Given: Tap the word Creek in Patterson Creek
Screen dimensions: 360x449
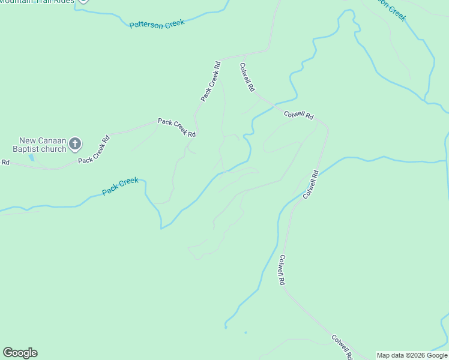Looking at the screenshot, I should pyautogui.click(x=174, y=22).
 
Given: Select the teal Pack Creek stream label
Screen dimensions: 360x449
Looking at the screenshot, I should pyautogui.click(x=120, y=186).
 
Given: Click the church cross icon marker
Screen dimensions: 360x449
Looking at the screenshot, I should pyautogui.click(x=75, y=143).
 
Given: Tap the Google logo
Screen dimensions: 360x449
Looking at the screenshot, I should pyautogui.click(x=20, y=353).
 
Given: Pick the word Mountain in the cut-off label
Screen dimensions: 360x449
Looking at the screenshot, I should pyautogui.click(x=18, y=1).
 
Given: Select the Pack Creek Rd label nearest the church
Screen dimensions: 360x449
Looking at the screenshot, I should pyautogui.click(x=95, y=150).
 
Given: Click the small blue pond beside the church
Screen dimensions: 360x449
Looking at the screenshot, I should pyautogui.click(x=31, y=157).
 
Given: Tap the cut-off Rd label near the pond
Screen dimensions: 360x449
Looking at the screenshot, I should pyautogui.click(x=5, y=162).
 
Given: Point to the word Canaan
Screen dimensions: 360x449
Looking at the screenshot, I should pyautogui.click(x=51, y=140).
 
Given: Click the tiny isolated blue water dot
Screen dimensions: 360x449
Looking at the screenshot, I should pyautogui.click(x=246, y=332).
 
